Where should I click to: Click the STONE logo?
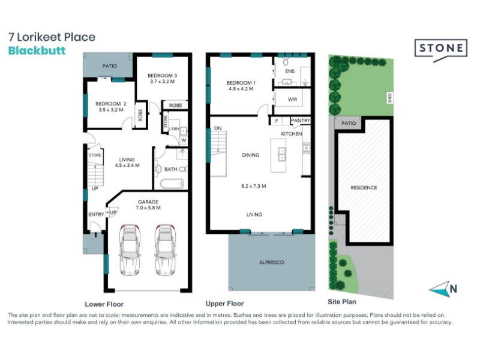click(441, 49)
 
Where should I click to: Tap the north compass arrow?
click(440, 289)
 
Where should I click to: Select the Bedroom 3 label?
click(162, 76)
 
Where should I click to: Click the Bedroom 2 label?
click(111, 104)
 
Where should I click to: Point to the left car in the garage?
click(130, 250)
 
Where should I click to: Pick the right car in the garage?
click(166, 250)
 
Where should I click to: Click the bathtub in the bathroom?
click(172, 184)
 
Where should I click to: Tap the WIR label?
click(292, 100)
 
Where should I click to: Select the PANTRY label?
click(301, 121)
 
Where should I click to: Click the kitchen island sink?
click(281, 155)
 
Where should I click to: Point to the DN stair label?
click(218, 128)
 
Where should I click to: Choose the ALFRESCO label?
click(272, 262)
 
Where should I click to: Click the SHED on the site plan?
click(389, 98)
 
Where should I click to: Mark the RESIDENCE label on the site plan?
click(364, 188)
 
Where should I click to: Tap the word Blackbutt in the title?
click(37, 50)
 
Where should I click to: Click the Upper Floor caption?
click(224, 304)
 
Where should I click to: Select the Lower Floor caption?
click(104, 304)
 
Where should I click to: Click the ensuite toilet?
click(286, 61)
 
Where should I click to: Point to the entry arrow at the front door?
click(96, 235)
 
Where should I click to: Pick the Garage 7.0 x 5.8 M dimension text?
click(148, 208)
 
